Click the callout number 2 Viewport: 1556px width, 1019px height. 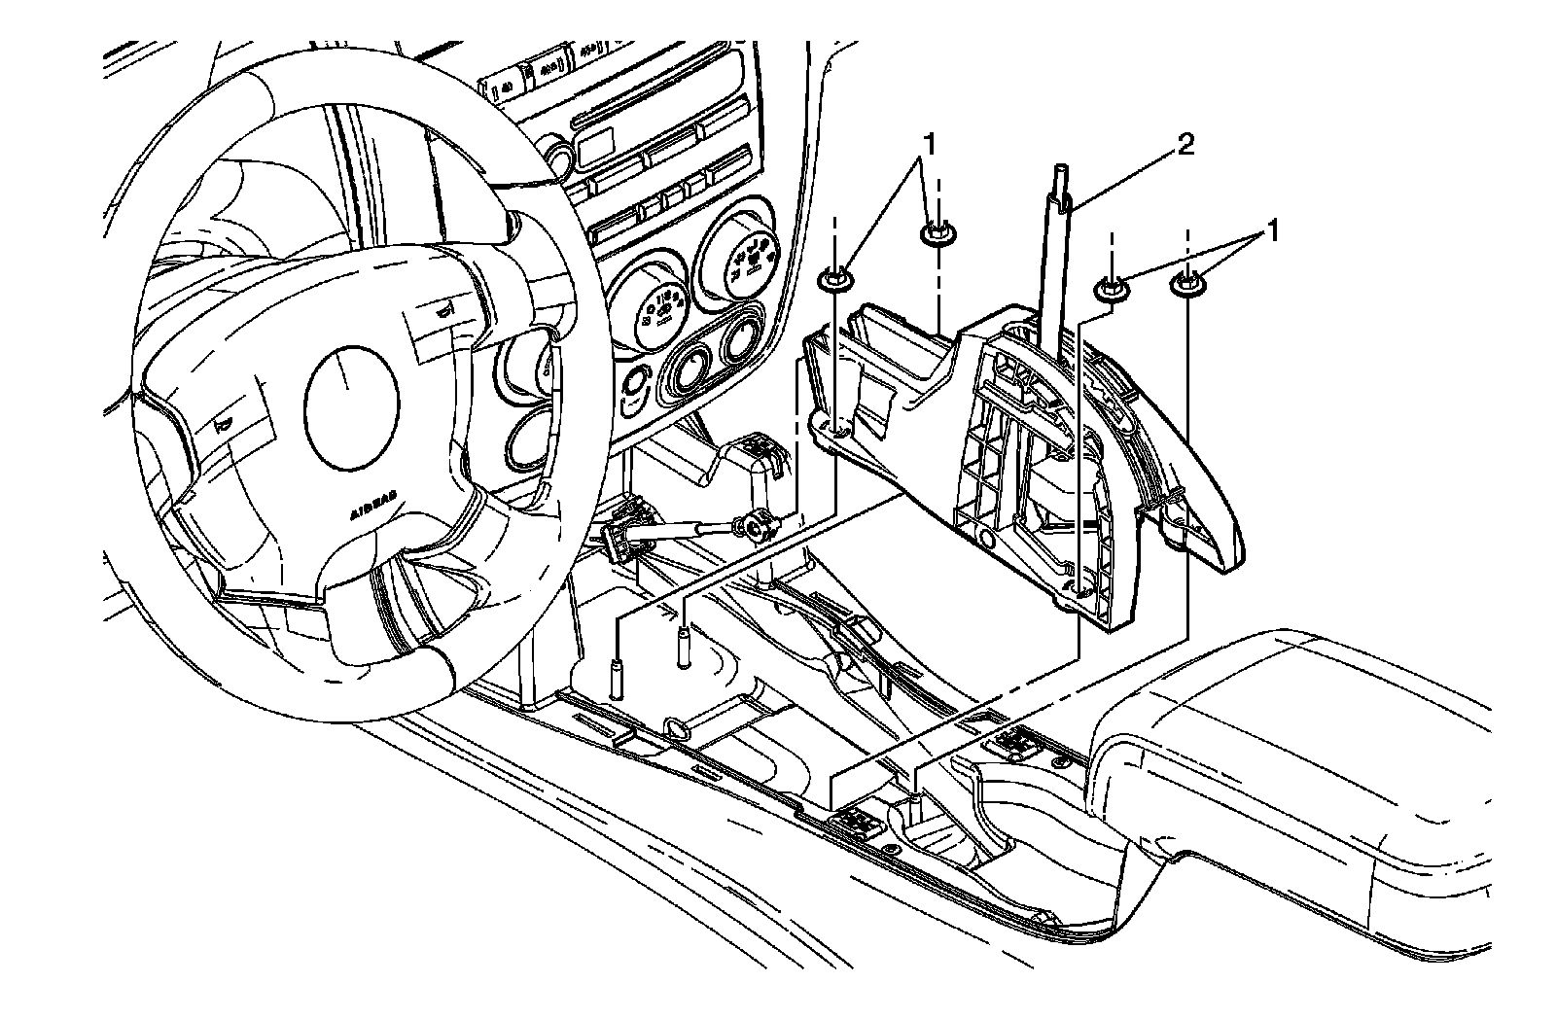pos(1185,146)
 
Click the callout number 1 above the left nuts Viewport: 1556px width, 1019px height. pos(931,143)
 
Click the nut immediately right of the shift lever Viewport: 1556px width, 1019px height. pos(1110,288)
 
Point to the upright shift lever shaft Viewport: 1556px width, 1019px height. pos(1057,263)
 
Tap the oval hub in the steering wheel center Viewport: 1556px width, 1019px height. pos(352,392)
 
